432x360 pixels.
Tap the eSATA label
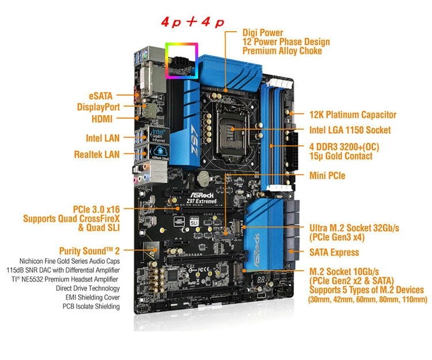100,96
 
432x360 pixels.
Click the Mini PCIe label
327,175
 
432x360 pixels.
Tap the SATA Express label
334,252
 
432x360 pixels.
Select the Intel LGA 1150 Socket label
350,130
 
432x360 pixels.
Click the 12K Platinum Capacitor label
353,115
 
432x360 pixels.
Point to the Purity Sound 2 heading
89,251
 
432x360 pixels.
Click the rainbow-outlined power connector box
182,60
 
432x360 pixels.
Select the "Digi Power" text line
263,33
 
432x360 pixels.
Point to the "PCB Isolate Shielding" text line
91,306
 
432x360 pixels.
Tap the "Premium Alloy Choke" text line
281,51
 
